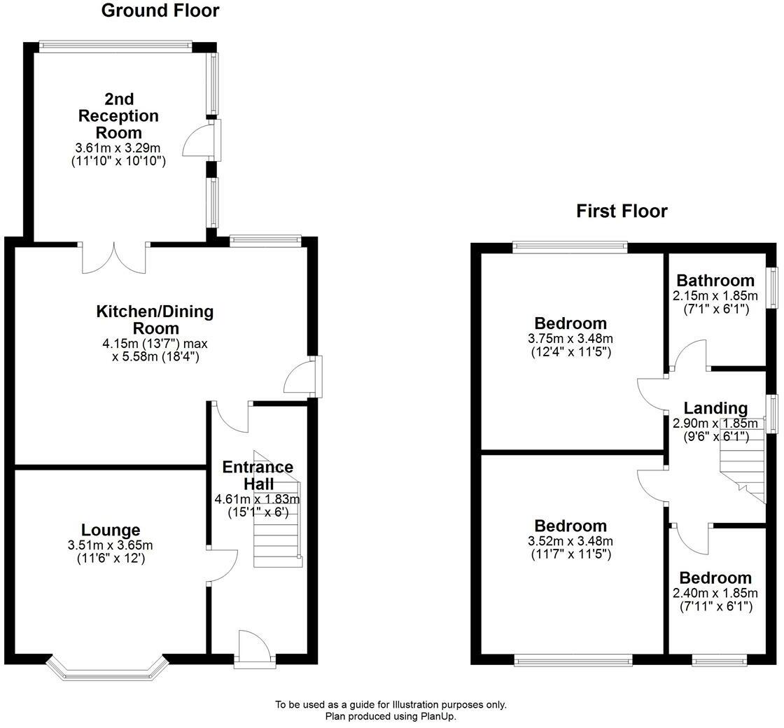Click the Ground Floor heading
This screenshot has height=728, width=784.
pyautogui.click(x=160, y=11)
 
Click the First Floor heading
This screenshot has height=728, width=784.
pyautogui.click(x=622, y=211)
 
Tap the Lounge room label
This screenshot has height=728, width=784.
pyautogui.click(x=111, y=531)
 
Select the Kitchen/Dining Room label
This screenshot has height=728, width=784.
pyautogui.click(x=155, y=319)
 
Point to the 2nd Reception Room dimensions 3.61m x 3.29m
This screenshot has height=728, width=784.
pyautogui.click(x=118, y=148)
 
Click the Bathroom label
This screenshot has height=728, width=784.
pyautogui.click(x=715, y=281)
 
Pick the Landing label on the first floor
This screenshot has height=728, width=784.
pyautogui.click(x=715, y=408)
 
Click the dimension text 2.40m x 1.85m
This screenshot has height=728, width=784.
pyautogui.click(x=715, y=594)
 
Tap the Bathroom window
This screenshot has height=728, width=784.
pyautogui.click(x=772, y=287)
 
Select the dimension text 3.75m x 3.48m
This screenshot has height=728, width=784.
pyautogui.click(x=570, y=339)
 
